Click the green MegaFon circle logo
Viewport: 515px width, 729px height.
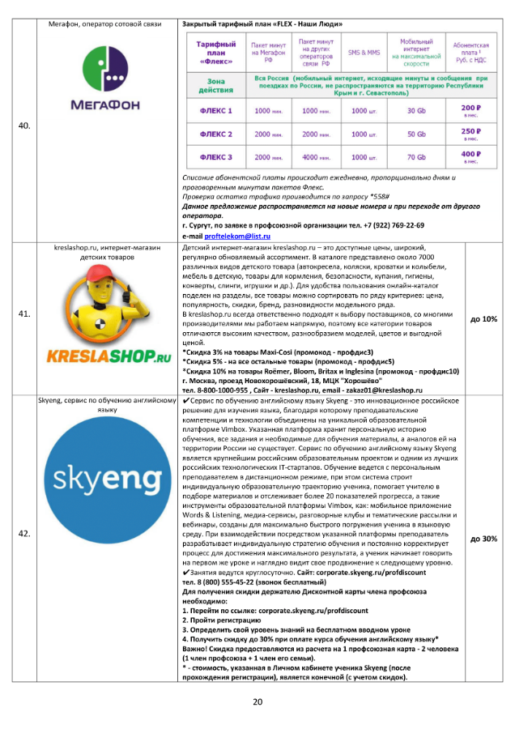click(x=104, y=66)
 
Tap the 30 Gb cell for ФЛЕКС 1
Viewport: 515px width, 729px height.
click(x=416, y=110)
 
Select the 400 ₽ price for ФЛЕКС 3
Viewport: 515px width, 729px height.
click(x=470, y=156)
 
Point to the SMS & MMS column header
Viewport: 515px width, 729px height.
click(x=364, y=52)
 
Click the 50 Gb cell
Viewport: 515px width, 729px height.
click(x=416, y=134)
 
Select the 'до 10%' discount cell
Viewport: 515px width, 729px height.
click(x=483, y=319)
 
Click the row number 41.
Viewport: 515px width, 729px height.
click(x=24, y=318)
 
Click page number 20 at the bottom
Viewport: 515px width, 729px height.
click(x=257, y=701)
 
